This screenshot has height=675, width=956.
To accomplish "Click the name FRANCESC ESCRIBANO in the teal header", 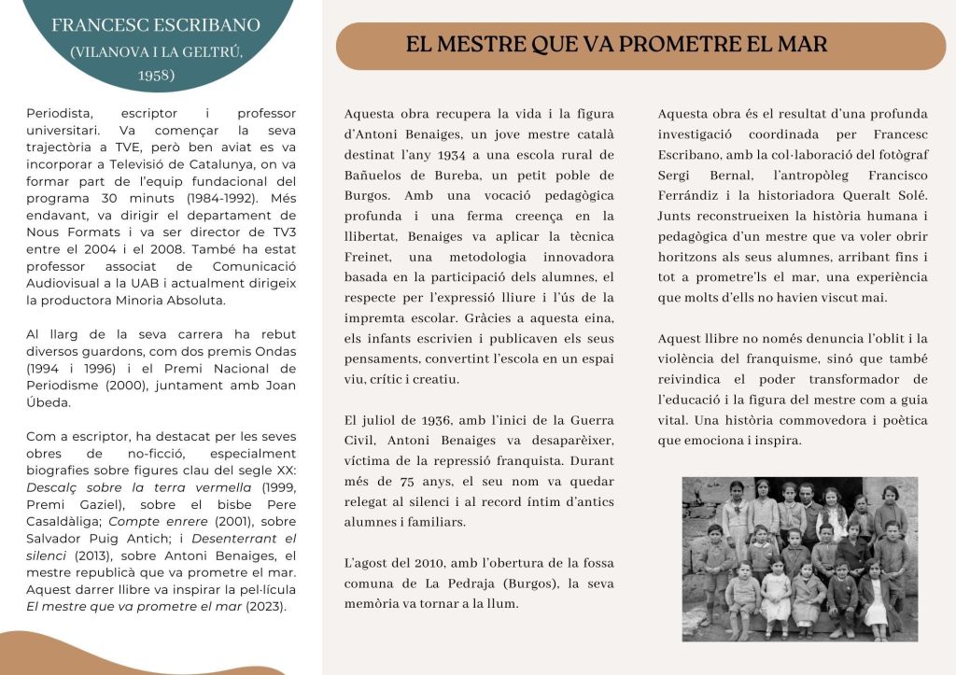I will pyautogui.click(x=156, y=25).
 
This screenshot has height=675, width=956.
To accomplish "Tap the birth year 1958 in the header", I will pyautogui.click(x=156, y=75).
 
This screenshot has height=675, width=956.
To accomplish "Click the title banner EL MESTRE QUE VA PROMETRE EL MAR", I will pyautogui.click(x=616, y=45).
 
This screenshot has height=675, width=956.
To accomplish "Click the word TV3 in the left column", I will pyautogui.click(x=278, y=232).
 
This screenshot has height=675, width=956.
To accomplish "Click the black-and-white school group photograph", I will pyautogui.click(x=799, y=558).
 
